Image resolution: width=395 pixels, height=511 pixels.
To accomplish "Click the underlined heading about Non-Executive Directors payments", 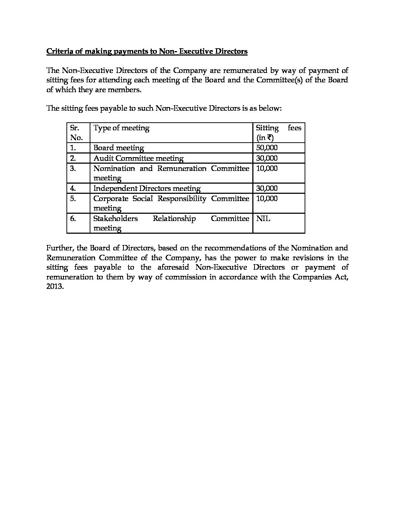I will tap(147, 51).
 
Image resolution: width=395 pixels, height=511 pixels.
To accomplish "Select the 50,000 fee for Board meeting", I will tap(266, 148).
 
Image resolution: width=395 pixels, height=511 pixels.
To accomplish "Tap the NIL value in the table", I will tap(263, 218).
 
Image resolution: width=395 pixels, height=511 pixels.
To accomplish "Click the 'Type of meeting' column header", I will tap(121, 128).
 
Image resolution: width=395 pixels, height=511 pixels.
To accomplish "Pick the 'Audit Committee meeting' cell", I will tap(138, 158).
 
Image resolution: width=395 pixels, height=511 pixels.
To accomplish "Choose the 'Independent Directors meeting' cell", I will tap(147, 188).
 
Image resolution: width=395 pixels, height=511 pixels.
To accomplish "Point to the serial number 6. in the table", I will tap(73, 218).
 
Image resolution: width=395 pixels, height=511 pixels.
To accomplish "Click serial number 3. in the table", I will tap(73, 168).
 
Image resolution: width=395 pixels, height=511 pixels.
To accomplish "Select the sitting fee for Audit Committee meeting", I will tap(266, 158).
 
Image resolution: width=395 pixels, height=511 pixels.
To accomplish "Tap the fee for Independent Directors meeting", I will tap(266, 188).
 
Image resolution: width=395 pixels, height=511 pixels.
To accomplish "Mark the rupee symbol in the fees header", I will tap(270, 138).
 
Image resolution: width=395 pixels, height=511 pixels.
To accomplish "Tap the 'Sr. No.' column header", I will tap(76, 132).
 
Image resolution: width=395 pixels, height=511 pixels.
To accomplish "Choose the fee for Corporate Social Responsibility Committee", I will tap(266, 199).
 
